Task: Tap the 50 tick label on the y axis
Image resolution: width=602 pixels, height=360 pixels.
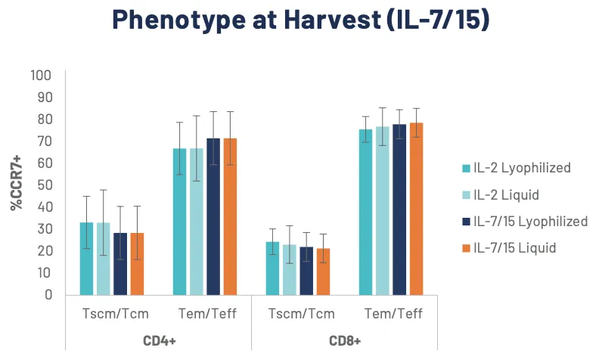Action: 42,185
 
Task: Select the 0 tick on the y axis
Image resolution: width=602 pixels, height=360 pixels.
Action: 47,294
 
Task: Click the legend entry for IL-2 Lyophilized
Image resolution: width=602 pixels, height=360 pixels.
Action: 522,167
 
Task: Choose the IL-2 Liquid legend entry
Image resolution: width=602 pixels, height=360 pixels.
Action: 506,194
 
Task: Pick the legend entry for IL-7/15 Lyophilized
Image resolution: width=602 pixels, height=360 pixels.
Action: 530,221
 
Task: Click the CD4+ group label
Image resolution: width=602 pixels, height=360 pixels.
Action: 159,340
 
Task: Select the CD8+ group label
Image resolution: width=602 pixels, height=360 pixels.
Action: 345,340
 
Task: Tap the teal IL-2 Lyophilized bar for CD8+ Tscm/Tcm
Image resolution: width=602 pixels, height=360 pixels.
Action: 272,268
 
